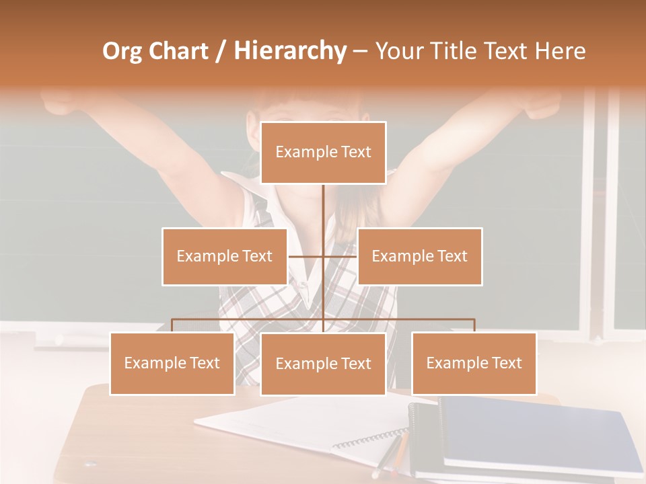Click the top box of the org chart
tap(323, 153)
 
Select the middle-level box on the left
tap(224, 256)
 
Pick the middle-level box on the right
tap(419, 256)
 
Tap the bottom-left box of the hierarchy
tap(172, 363)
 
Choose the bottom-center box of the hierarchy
tap(323, 364)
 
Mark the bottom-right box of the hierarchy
tap(474, 363)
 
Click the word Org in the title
tap(122, 51)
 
